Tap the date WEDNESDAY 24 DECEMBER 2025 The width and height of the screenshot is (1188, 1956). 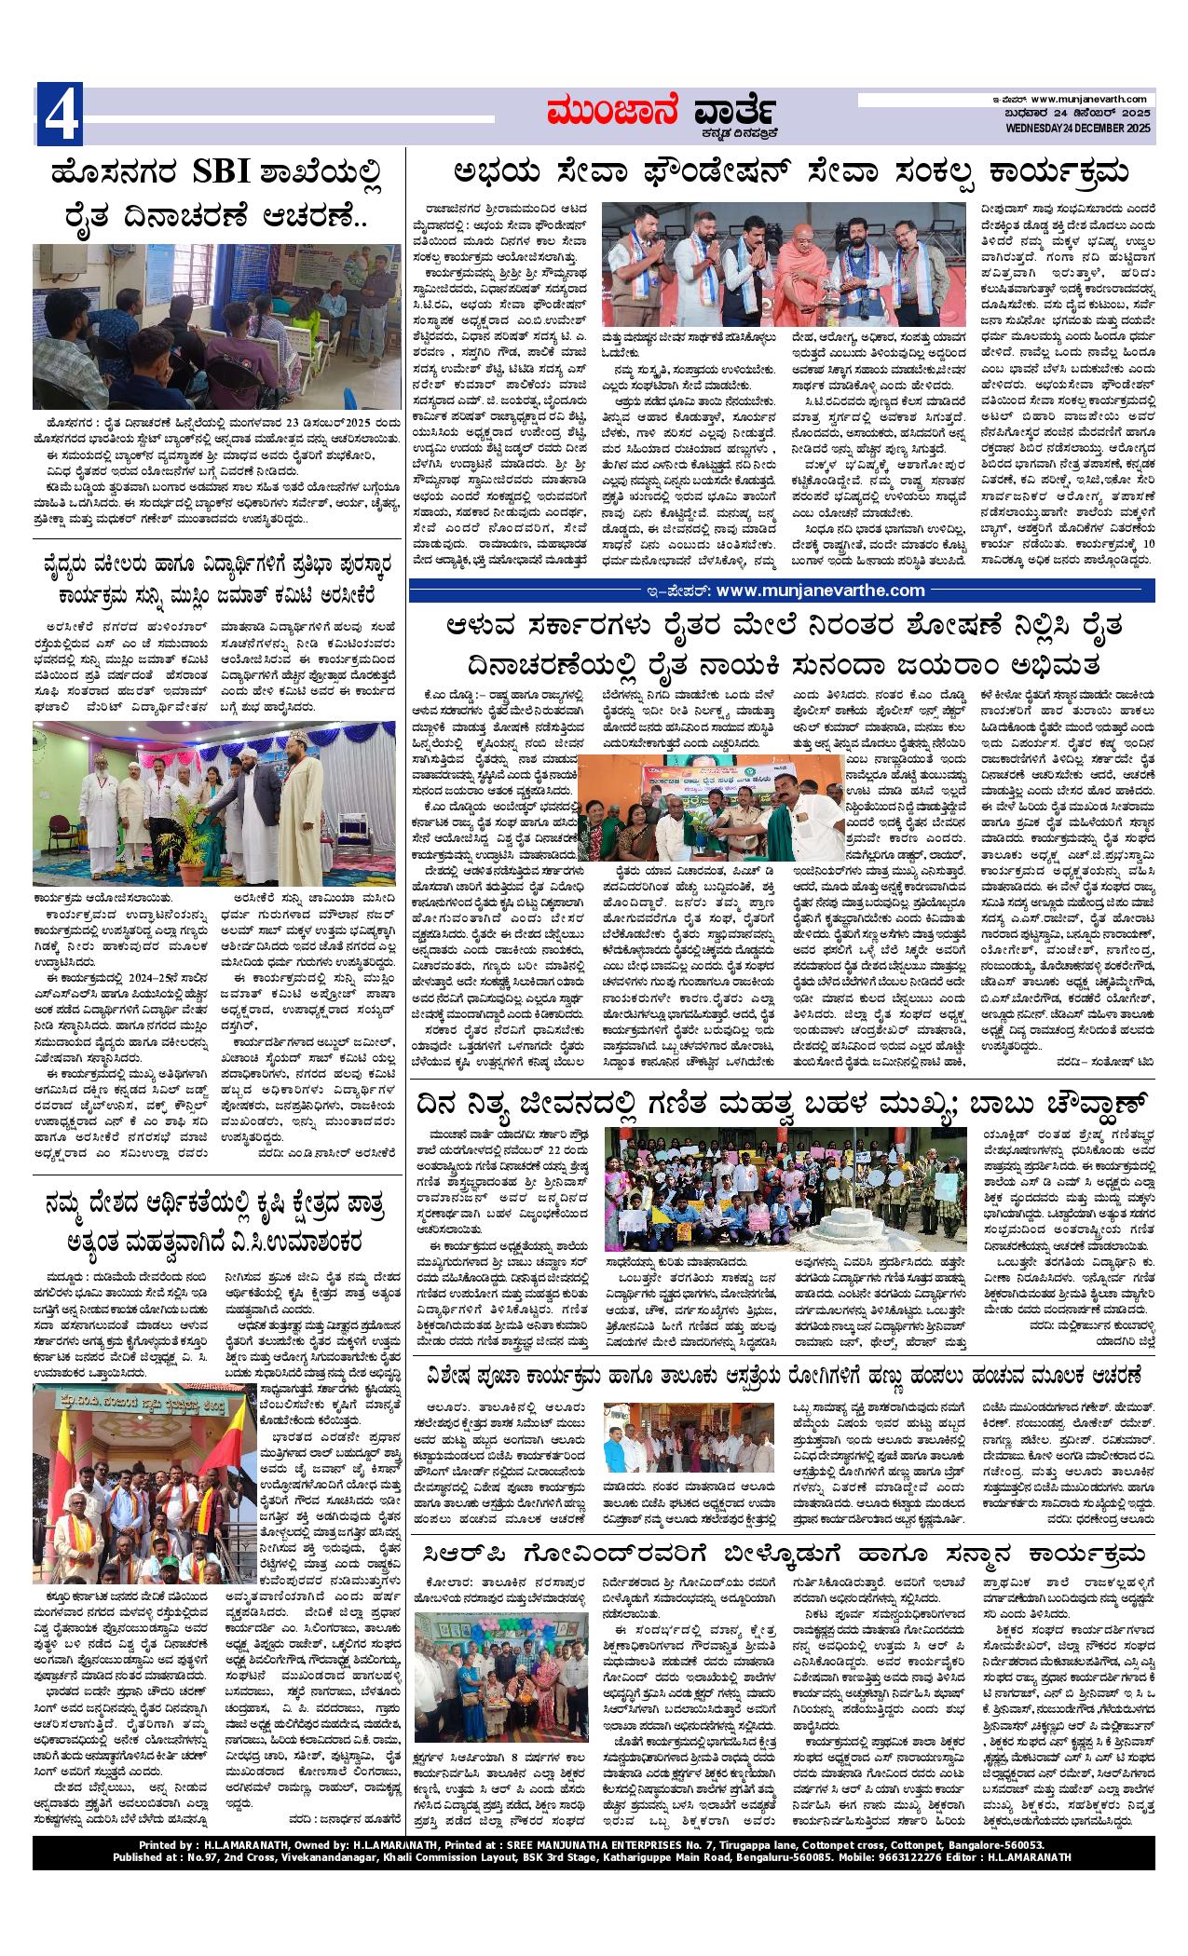(x=1079, y=128)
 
